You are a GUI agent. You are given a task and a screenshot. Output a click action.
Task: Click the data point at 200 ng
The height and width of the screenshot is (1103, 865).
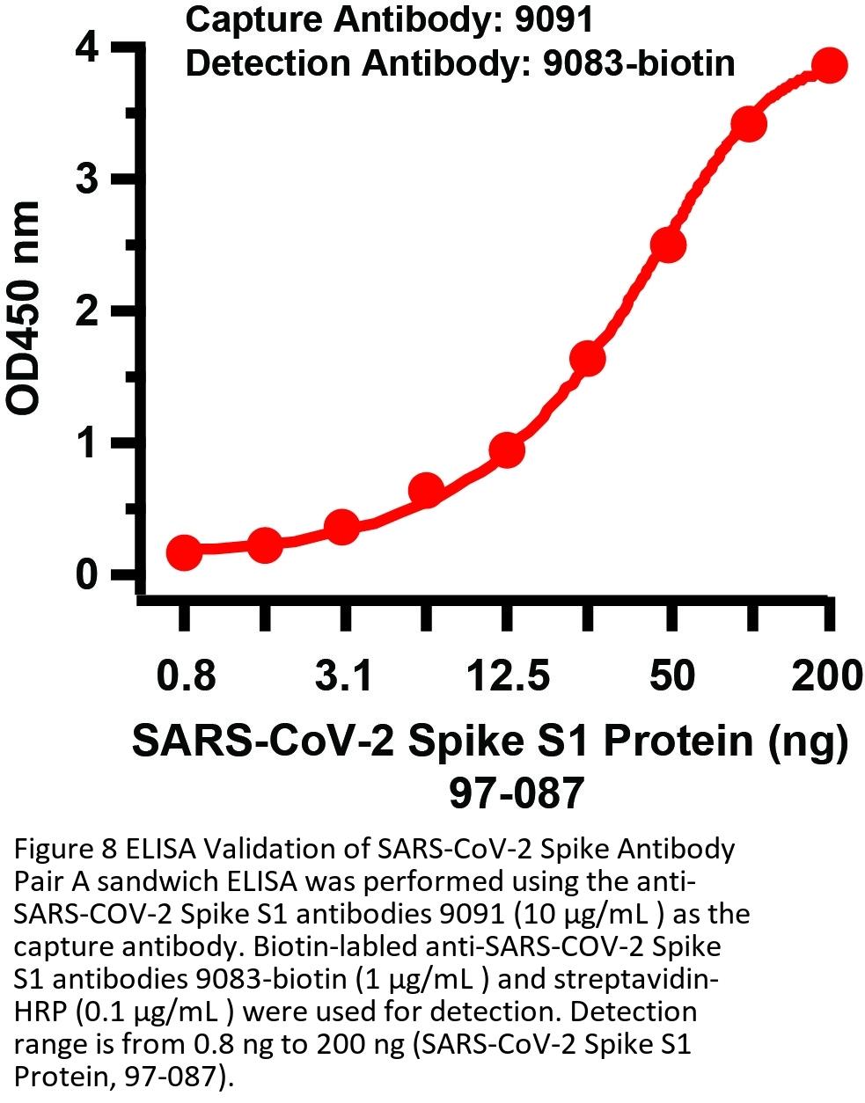pyautogui.click(x=829, y=66)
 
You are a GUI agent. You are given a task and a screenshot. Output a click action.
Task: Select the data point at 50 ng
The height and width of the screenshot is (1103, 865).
pyautogui.click(x=668, y=245)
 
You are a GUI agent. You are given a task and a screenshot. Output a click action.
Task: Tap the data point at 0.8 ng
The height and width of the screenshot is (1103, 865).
pyautogui.click(x=184, y=552)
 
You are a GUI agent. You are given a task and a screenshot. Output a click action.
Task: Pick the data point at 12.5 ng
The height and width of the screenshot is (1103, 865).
pyautogui.click(x=507, y=450)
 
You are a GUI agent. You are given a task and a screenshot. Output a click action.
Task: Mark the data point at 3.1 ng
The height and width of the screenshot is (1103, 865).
pyautogui.click(x=341, y=528)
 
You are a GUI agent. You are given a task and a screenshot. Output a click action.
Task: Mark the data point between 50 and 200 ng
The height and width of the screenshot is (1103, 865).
pyautogui.click(x=749, y=124)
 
